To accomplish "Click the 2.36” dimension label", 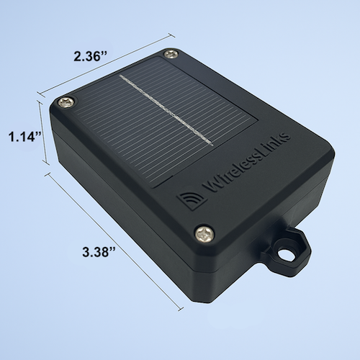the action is click(x=90, y=57).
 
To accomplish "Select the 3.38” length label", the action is click(x=99, y=252).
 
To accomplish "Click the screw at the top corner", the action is click(x=171, y=54).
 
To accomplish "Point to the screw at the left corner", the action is click(x=67, y=102).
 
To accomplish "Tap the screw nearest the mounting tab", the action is click(x=204, y=235).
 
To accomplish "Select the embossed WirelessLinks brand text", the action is click(x=246, y=162).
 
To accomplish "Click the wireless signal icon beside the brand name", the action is click(x=192, y=198).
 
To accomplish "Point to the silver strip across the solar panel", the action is click(x=166, y=110).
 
